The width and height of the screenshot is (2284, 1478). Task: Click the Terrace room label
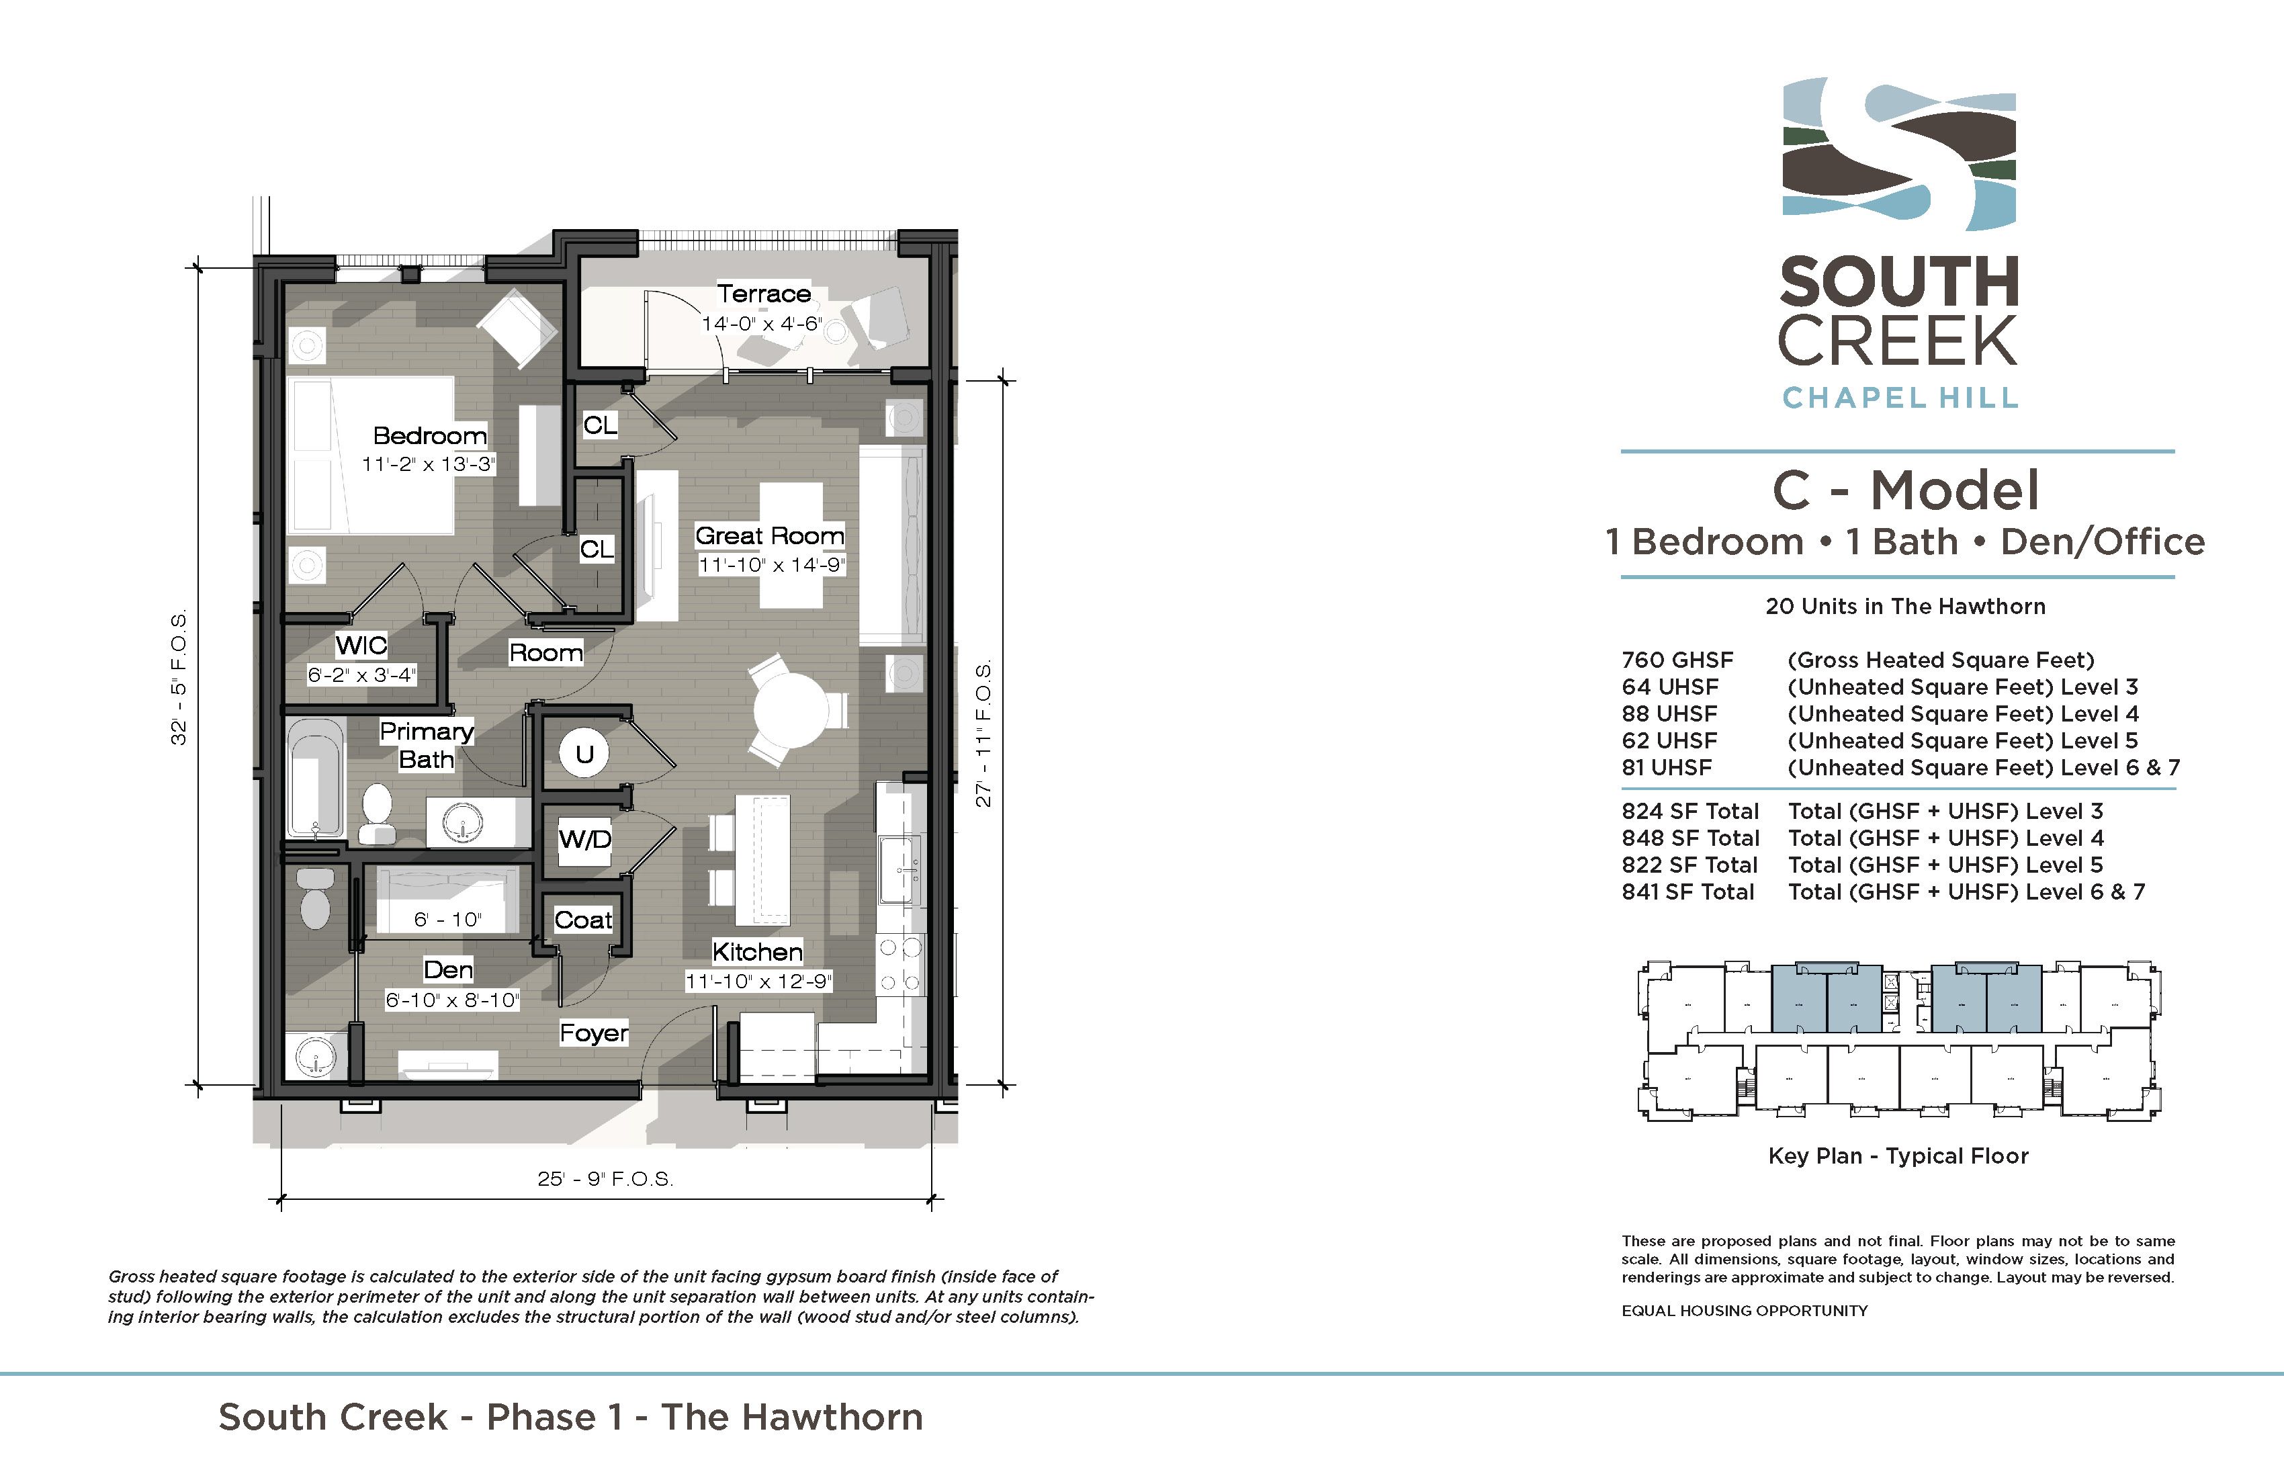pos(764,294)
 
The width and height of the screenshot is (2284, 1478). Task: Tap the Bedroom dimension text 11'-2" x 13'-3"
pos(428,464)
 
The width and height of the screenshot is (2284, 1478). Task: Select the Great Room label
pos(770,535)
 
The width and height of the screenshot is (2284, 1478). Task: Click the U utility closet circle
pos(584,754)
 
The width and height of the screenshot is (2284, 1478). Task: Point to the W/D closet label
pos(585,840)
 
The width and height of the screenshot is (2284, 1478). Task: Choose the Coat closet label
pos(584,920)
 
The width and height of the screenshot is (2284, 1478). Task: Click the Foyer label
pos(594,1033)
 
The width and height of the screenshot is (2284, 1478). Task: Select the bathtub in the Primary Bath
pos(316,779)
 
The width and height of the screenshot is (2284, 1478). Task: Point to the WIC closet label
pos(361,645)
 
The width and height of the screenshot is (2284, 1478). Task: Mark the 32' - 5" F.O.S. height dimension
pos(179,678)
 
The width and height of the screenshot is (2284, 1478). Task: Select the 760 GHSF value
pos(1677,660)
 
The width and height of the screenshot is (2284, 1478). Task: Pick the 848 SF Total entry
pos(1690,838)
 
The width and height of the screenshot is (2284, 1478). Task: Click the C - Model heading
pos(1906,490)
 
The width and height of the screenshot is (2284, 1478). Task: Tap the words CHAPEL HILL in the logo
pos(1900,397)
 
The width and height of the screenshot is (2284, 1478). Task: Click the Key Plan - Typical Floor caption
pos(1898,1156)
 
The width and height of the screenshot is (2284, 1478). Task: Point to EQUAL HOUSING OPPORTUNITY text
pos(1745,1311)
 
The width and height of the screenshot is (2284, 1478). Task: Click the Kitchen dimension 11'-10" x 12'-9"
pos(758,982)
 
